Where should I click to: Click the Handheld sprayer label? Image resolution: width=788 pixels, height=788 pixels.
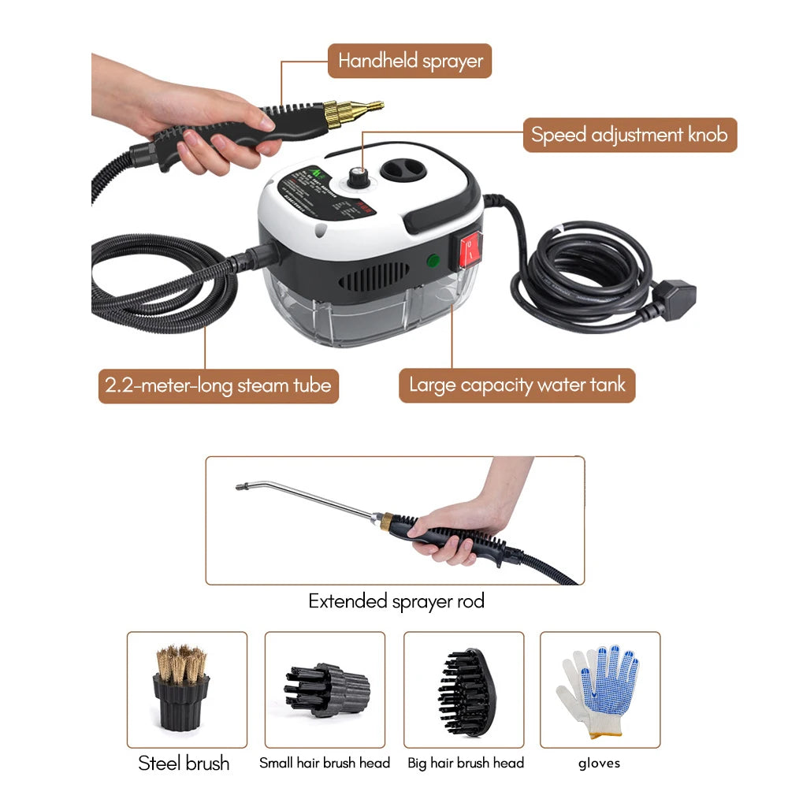point(410,61)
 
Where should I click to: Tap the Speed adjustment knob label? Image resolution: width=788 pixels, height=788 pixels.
point(630,135)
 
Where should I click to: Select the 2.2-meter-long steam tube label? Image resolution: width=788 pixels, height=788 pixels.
point(218,386)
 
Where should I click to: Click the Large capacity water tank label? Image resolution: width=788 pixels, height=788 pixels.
point(516,385)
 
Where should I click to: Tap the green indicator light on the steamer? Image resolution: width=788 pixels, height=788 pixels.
point(431,262)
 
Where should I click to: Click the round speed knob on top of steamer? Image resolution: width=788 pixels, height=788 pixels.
point(362,177)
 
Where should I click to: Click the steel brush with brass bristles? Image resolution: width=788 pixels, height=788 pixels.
point(181,687)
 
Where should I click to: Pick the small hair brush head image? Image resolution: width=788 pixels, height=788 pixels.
point(325,687)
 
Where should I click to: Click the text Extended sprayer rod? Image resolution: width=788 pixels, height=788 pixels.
point(396,602)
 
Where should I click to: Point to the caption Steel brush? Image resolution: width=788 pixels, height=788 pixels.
point(184,763)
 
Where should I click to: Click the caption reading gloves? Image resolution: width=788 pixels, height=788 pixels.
point(599,763)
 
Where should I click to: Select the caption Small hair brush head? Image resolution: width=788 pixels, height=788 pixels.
point(325,763)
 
